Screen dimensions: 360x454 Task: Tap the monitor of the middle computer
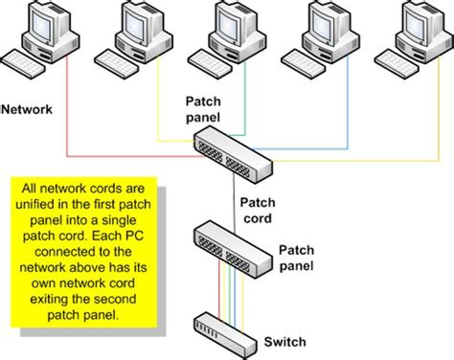pos(231,25)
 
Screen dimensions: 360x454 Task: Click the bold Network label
pos(29,110)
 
